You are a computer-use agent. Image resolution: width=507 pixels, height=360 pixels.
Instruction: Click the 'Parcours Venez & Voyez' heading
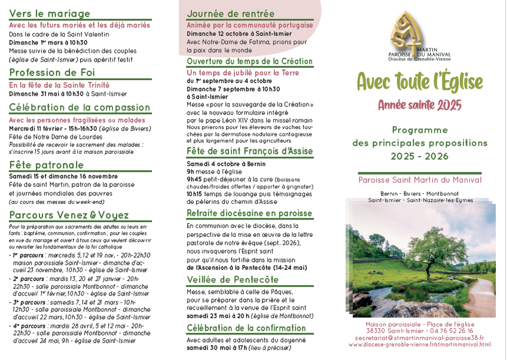[69, 215]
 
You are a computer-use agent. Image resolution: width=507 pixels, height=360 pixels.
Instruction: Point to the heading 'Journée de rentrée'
[231, 13]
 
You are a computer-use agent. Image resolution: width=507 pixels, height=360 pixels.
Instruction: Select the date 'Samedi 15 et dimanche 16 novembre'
[63, 176]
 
